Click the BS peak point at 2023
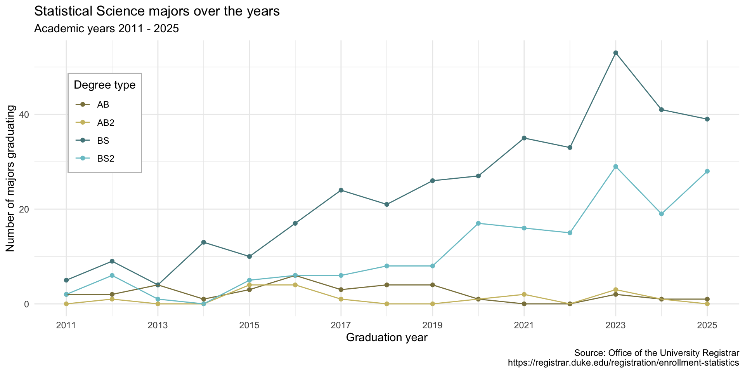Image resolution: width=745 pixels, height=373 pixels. point(615,53)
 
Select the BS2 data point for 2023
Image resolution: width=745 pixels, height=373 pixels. point(615,167)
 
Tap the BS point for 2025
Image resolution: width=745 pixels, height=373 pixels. point(707,119)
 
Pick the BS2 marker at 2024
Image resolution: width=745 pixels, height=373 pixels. point(661,214)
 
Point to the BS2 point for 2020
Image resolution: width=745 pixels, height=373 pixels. point(478,223)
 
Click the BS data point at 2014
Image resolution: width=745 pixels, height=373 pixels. point(204,242)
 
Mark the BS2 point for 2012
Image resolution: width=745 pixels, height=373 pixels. point(112,275)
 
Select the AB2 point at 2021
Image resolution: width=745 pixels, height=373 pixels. point(524,295)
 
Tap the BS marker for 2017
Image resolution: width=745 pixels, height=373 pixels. point(341,190)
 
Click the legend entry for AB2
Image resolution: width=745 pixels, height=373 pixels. point(106,123)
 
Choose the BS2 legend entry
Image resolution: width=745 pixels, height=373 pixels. point(106,159)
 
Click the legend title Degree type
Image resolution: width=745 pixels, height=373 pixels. point(104,85)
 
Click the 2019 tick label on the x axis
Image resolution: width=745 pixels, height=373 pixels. point(432,325)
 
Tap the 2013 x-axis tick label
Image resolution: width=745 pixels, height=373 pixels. point(158,325)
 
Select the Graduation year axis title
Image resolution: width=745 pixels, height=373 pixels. point(386,338)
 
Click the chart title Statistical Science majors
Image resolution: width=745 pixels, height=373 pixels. point(157,12)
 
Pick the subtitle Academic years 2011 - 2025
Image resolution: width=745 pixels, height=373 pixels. point(106,29)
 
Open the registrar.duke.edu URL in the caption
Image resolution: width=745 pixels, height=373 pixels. point(623,363)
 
